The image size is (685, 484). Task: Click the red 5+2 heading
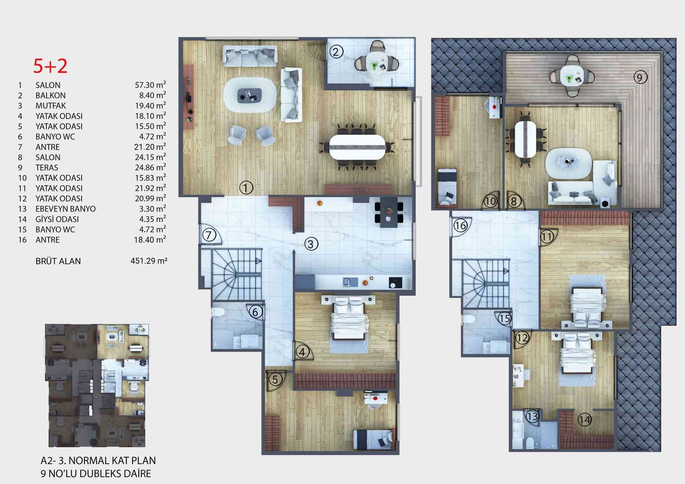pyautogui.click(x=50, y=66)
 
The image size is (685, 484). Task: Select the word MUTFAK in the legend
pyautogui.click(x=51, y=106)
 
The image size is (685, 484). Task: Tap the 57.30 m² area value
pyautogui.click(x=150, y=85)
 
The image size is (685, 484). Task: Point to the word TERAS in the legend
pyautogui.click(x=47, y=168)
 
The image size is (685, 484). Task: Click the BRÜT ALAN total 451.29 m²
pyautogui.click(x=149, y=261)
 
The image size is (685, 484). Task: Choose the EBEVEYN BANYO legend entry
pyautogui.click(x=66, y=209)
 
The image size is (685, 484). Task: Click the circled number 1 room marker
pyautogui.click(x=246, y=188)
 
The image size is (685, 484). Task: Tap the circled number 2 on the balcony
pyautogui.click(x=336, y=52)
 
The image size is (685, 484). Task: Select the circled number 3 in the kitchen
pyautogui.click(x=311, y=244)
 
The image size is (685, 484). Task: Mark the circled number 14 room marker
pyautogui.click(x=584, y=419)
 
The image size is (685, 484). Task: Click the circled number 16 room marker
pyautogui.click(x=461, y=226)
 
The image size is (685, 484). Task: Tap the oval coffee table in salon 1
pyautogui.click(x=251, y=95)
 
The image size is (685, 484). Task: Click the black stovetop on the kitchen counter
pyautogui.click(x=395, y=283)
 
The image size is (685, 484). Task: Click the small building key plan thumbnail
pyautogui.click(x=97, y=385)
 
